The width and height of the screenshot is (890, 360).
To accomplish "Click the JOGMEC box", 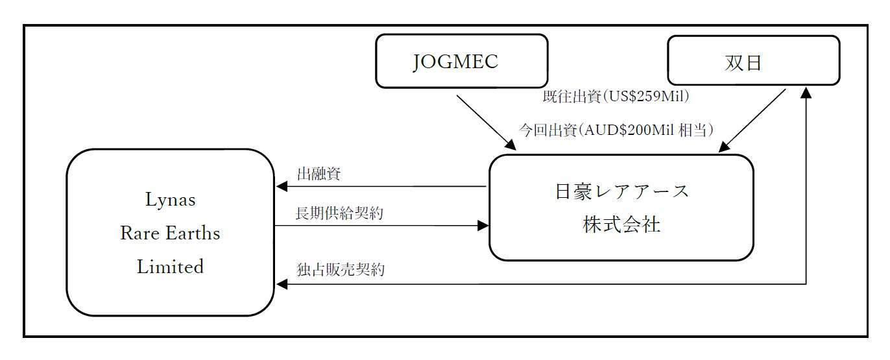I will [x=461, y=62].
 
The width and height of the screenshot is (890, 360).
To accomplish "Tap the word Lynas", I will [x=170, y=200].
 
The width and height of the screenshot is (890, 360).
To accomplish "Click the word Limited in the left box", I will [x=170, y=267].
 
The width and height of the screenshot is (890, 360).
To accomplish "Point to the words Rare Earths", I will [x=170, y=234].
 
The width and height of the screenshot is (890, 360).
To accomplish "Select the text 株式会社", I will [x=621, y=225].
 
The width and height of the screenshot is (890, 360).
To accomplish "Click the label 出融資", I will [x=319, y=174].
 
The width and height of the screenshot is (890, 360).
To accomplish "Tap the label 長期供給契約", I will [x=339, y=213].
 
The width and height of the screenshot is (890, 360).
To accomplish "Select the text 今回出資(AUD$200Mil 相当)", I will [x=616, y=130].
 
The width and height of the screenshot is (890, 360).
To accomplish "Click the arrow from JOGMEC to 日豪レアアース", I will [x=487, y=123].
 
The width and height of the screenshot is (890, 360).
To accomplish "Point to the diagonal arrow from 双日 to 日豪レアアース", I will [x=752, y=121].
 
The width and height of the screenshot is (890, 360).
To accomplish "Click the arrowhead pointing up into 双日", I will [x=806, y=95].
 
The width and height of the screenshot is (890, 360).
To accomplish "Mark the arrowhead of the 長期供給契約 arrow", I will [x=483, y=226].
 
